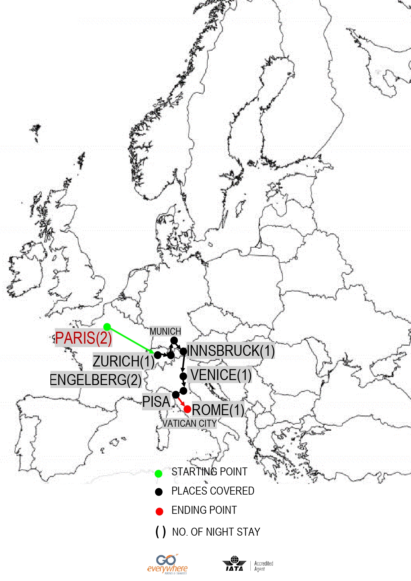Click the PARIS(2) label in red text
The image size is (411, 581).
pos(83,338)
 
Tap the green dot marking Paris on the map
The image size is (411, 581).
pos(107,327)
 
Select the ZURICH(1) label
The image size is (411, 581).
pos(124,361)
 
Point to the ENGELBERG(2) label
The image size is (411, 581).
pos(95,380)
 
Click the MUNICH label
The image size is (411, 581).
pos(165,331)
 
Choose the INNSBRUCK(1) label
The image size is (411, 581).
pos(231,351)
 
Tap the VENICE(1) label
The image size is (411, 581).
pos(221,375)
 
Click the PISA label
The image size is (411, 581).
pos(156,402)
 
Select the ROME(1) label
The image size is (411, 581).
pos(218,410)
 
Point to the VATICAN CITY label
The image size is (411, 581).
pos(189,423)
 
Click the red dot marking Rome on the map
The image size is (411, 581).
pos(187,409)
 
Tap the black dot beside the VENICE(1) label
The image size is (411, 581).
pos(183,376)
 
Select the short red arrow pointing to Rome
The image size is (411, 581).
pos(181,402)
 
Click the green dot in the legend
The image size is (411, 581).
pos(159,474)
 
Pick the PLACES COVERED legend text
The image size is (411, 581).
pos(213,491)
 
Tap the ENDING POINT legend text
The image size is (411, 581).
pos(204,510)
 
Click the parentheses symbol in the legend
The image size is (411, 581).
pos(161,532)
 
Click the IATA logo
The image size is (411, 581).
pos(234,563)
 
